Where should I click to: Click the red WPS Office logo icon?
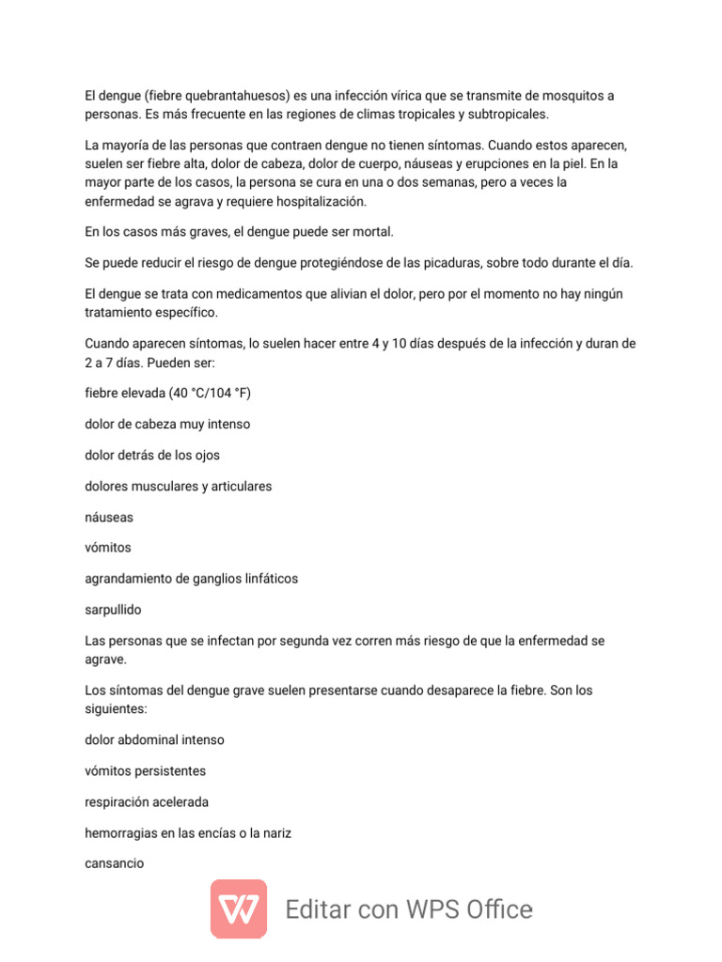pos(239,909)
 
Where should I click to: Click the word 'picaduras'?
pos(433,263)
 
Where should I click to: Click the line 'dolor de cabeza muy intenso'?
pos(167,424)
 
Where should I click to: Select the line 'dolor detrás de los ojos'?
pos(152,455)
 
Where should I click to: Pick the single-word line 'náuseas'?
pos(109,517)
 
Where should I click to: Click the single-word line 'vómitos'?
pos(108,548)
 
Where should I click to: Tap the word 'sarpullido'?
pos(113,610)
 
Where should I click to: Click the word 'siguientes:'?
pos(117,708)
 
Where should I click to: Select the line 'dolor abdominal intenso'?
pos(154,739)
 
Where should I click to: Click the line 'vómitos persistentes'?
pos(145,770)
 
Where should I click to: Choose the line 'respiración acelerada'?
pos(147,802)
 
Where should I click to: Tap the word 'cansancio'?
pos(115,863)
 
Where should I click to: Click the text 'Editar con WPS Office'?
pos(409,909)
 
